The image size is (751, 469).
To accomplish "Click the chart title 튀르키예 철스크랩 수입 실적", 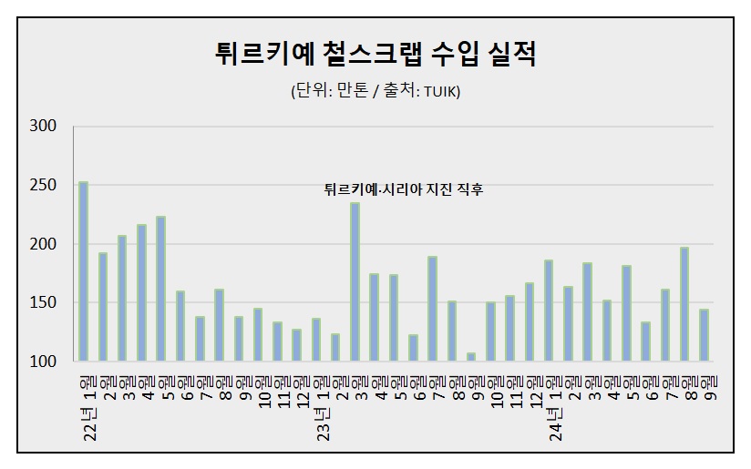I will tap(375, 53).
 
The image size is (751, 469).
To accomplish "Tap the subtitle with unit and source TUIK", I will tap(375, 92).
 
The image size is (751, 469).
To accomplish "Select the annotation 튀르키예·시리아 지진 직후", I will tap(404, 189).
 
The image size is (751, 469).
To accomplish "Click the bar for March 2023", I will tap(355, 282).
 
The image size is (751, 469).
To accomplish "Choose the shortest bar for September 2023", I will tap(471, 357).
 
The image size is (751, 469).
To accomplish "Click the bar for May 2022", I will tap(160, 289).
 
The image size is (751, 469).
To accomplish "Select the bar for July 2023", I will tap(432, 309).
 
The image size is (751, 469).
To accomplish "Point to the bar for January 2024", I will tap(549, 311).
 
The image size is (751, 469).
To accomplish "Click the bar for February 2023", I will tap(335, 347).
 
